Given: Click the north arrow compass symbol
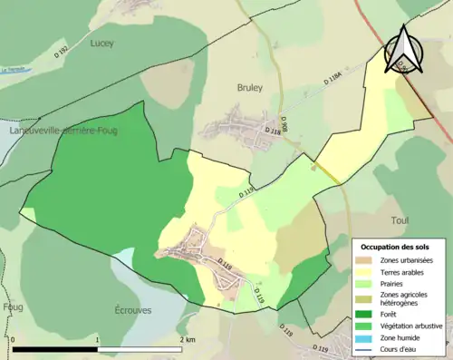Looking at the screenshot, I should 404,52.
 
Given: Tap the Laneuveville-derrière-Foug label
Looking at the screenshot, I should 63,131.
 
